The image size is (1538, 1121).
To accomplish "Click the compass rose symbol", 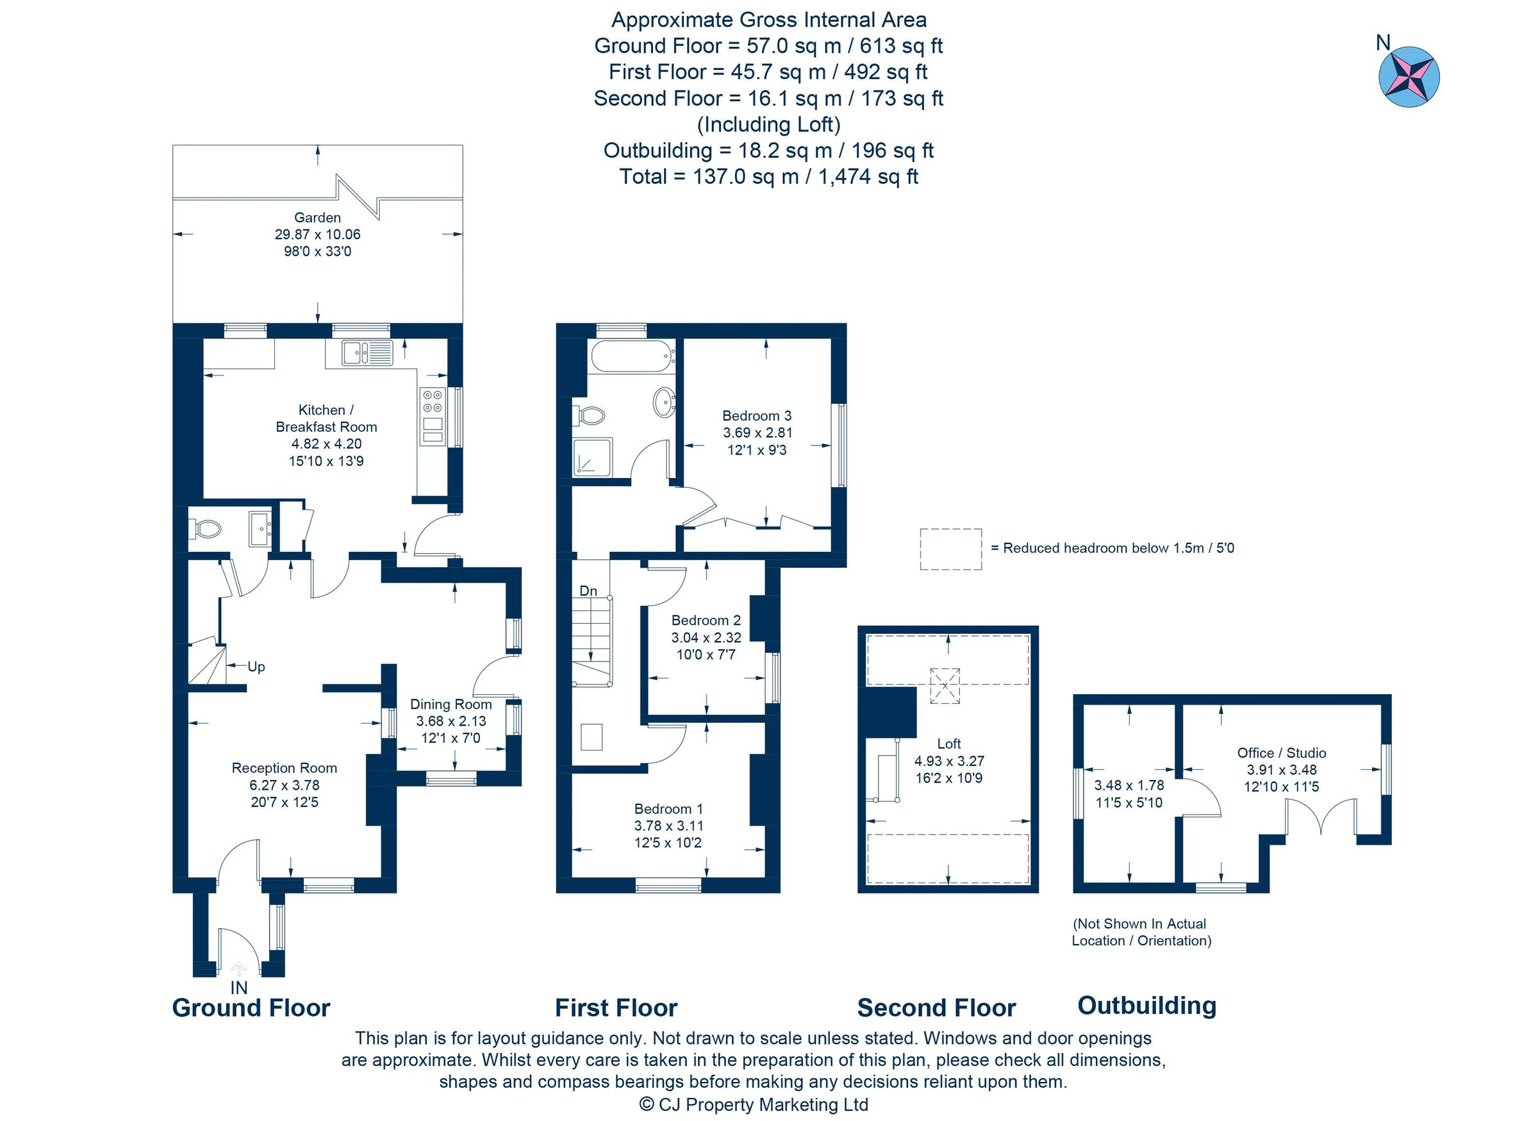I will click(1409, 77).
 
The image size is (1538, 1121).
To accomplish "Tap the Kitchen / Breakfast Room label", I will click(326, 419).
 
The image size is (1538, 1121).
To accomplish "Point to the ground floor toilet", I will click(206, 529).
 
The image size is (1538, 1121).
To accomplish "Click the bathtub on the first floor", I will click(632, 355).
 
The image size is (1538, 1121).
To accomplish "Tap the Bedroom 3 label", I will click(756, 416).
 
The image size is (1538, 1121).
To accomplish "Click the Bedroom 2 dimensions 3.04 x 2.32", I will click(706, 638).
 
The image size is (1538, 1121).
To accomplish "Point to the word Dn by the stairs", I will click(588, 591).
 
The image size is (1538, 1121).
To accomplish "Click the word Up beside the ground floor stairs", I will click(256, 667).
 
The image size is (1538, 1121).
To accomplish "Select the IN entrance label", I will click(239, 988).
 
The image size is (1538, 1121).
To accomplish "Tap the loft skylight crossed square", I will click(945, 685).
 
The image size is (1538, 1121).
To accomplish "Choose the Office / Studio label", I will click(1281, 752).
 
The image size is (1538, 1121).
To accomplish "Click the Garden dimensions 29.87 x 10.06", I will click(317, 235).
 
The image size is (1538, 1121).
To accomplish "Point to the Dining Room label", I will click(451, 704).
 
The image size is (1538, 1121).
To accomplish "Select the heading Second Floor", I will click(936, 1008).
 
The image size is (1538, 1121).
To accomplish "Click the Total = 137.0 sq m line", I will click(768, 177).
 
